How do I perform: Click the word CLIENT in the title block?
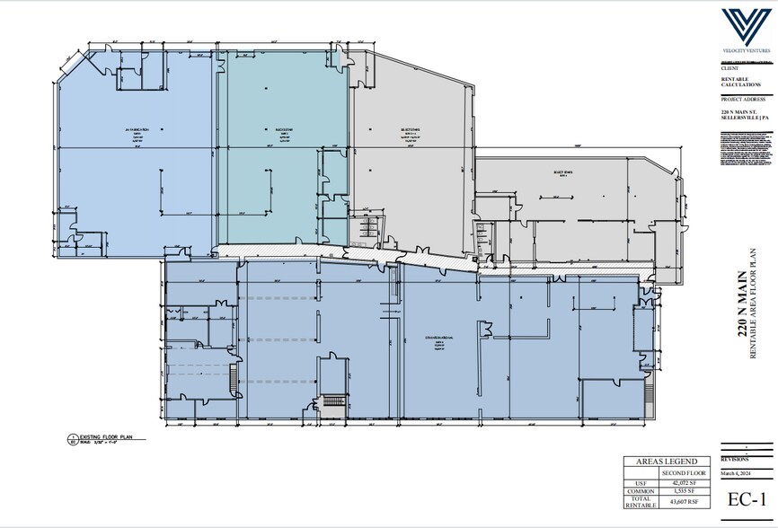(728, 67)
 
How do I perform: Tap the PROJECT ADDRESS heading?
(741, 100)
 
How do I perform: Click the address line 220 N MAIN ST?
(742, 111)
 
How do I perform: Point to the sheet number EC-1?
(745, 499)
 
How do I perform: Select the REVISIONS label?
(734, 458)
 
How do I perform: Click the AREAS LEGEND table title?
(666, 462)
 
